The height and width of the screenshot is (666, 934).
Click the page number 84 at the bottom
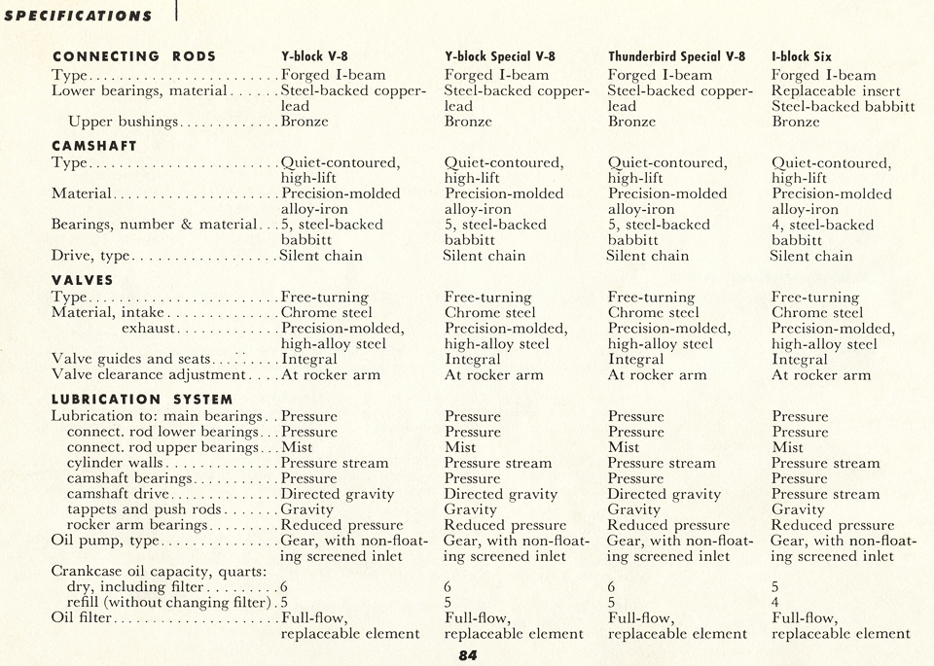[x=468, y=655]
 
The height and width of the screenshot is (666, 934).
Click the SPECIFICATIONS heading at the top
[x=78, y=16]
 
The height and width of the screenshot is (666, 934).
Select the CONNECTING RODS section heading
[x=134, y=56]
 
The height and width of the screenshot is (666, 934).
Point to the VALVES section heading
[x=83, y=280]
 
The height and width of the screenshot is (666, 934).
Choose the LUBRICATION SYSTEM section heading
[x=142, y=399]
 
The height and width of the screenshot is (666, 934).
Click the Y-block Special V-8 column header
[x=500, y=56]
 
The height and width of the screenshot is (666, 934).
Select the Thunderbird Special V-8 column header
[x=676, y=56]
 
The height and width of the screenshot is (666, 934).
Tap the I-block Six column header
[x=802, y=56]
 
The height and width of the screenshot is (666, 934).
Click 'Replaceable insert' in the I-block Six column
[x=836, y=90]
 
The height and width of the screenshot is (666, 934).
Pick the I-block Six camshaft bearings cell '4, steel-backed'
[x=822, y=225]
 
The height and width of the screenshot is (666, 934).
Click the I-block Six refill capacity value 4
[x=776, y=602]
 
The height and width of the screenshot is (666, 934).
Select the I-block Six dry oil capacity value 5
[x=776, y=586]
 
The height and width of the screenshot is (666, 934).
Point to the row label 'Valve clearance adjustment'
[x=148, y=374]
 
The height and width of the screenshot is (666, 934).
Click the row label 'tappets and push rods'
[x=144, y=508]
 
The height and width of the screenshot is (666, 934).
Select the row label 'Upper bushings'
[x=123, y=122]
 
